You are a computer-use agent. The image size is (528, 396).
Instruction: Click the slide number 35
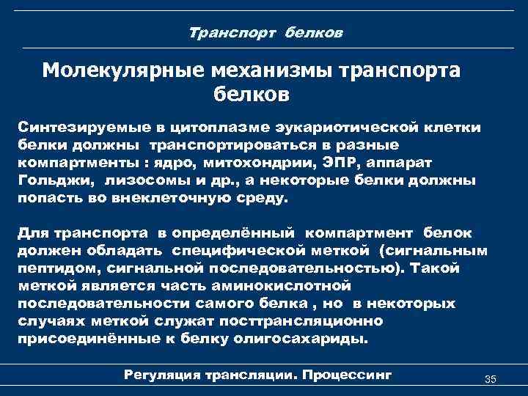coord(491,379)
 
